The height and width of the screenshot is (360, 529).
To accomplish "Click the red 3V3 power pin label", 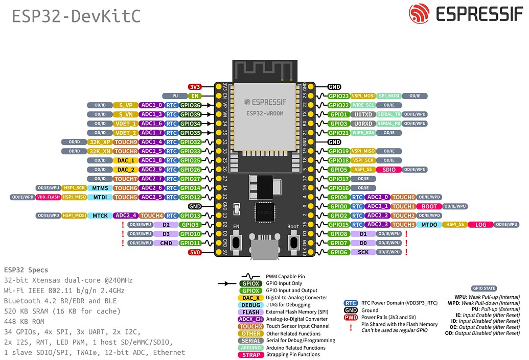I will [x=195, y=87].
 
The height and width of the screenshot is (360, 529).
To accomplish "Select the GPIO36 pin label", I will [x=191, y=105].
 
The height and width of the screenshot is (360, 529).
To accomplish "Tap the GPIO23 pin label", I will [x=338, y=96].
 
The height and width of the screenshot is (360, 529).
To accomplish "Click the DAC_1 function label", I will [x=126, y=160].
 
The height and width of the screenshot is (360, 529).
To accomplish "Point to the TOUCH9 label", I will [x=126, y=142].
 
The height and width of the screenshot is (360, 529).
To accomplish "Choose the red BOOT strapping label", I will [x=429, y=206].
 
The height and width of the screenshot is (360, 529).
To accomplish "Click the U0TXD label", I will [x=363, y=114].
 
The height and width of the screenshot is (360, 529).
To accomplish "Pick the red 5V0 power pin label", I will [x=195, y=252].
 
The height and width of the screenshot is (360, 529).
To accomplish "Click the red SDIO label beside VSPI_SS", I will [x=388, y=170].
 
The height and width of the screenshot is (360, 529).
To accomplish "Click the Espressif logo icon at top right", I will [x=419, y=14].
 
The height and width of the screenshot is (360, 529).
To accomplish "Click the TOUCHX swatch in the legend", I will [x=251, y=326].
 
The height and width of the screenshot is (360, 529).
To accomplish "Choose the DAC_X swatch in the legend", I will [x=251, y=298].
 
